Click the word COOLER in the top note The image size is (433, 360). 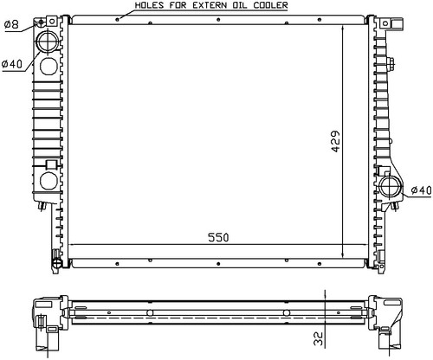270,5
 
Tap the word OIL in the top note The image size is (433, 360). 240,5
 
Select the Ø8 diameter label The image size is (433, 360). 12,24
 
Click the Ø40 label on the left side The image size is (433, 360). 12,64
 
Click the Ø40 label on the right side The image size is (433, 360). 422,190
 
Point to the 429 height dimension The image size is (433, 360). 335,141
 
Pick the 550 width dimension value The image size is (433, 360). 218,237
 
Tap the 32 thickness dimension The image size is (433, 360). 318,338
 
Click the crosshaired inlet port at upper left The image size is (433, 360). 48,41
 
